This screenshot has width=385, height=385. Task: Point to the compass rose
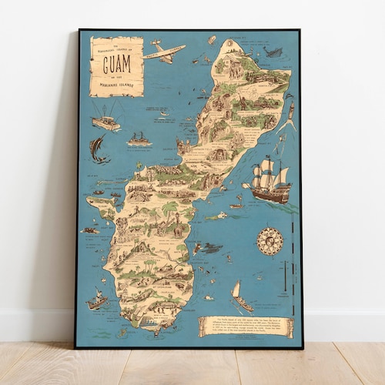(x=269, y=241)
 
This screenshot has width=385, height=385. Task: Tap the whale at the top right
(x=273, y=52)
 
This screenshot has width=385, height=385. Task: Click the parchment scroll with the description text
(x=246, y=326)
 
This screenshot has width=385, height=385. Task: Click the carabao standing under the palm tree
(x=176, y=229)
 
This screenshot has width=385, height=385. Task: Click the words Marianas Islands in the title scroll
(x=116, y=82)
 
